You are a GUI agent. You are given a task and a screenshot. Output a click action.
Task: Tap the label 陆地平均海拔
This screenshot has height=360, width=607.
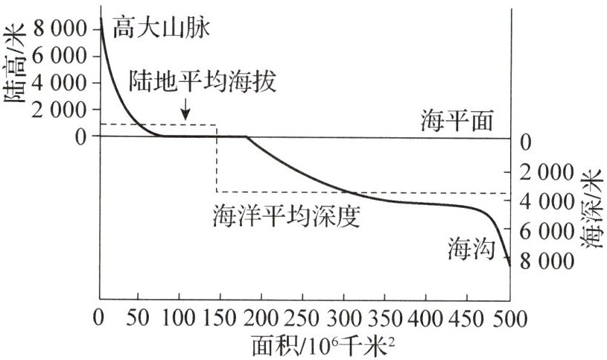click(202, 80)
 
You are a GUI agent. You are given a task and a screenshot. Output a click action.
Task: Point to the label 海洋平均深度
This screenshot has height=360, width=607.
click(286, 216)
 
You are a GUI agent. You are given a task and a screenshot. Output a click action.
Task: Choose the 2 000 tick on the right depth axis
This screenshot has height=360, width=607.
click(547, 172)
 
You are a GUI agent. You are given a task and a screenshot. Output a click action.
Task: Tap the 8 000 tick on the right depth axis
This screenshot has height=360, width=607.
click(547, 262)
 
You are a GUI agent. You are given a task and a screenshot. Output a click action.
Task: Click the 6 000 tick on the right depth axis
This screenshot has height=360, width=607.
click(547, 232)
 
